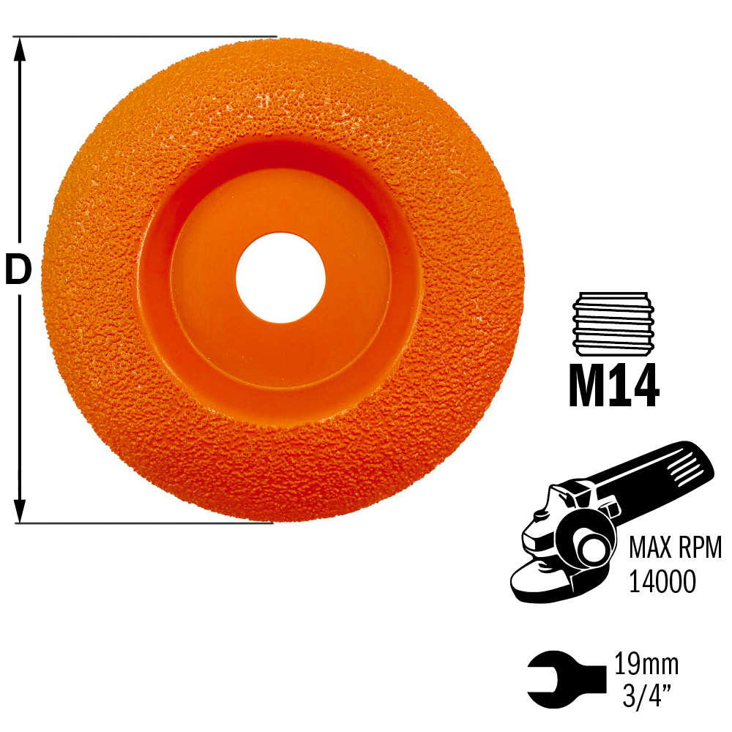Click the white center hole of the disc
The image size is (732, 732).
pyautogui.click(x=280, y=277)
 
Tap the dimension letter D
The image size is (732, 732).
pyautogui.click(x=18, y=270)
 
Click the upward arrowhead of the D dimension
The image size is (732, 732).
pyautogui.click(x=19, y=50)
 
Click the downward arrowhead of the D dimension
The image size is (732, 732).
pyautogui.click(x=19, y=510)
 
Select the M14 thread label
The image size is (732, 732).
pyautogui.click(x=613, y=385)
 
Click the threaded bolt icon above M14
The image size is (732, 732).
pyautogui.click(x=613, y=324)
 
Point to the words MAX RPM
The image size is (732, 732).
pyautogui.click(x=675, y=548)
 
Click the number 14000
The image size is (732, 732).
pyautogui.click(x=662, y=581)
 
